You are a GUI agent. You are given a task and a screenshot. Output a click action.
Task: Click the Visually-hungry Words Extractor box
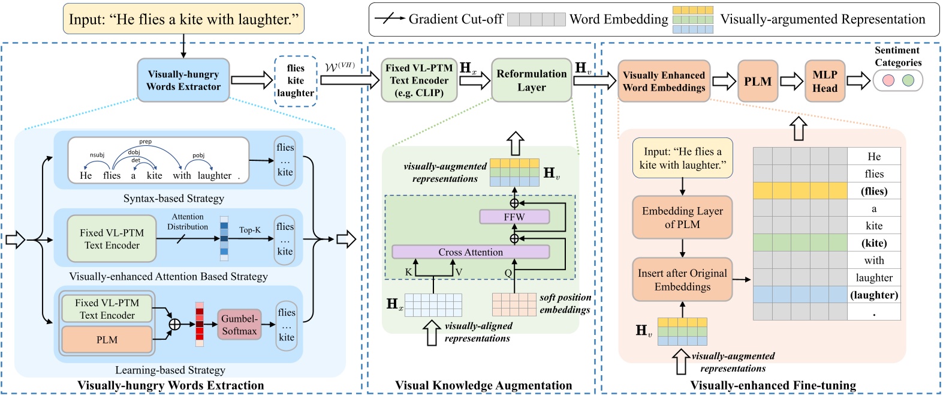tap(183, 80)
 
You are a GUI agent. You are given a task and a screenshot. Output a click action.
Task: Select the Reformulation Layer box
tap(531, 80)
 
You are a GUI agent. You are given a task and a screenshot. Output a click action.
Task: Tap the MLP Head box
tap(824, 81)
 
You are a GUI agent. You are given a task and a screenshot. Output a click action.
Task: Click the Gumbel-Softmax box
tap(239, 325)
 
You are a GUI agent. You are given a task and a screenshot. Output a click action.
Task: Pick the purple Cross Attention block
tap(470, 252)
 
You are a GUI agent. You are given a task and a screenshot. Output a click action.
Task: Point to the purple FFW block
tap(514, 217)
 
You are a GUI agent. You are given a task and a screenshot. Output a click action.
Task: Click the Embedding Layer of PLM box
tap(682, 217)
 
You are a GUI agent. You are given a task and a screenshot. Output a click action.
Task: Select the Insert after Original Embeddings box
tap(682, 280)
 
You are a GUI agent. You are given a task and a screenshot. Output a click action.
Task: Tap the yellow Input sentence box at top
tap(183, 19)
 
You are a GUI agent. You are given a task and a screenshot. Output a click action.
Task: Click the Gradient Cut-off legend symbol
tap(389, 19)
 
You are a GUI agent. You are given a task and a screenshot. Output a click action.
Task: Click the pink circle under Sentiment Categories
tap(888, 80)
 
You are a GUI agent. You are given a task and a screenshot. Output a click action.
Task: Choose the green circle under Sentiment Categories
tap(908, 80)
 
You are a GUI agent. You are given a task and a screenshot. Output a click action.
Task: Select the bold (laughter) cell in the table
tap(873, 295)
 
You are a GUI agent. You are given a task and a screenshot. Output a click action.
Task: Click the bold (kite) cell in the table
tap(873, 243)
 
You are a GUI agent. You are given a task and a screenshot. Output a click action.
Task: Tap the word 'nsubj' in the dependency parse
tap(97, 155)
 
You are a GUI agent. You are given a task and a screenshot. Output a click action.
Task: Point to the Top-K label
tap(250, 230)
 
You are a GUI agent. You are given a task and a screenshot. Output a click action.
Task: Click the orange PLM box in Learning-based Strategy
tap(107, 340)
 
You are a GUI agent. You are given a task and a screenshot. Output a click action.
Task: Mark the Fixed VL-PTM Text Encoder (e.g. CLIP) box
tap(419, 80)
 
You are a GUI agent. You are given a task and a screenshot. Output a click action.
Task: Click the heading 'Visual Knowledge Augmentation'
tap(483, 385)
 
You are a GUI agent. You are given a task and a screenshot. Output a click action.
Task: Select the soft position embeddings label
tap(565, 304)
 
